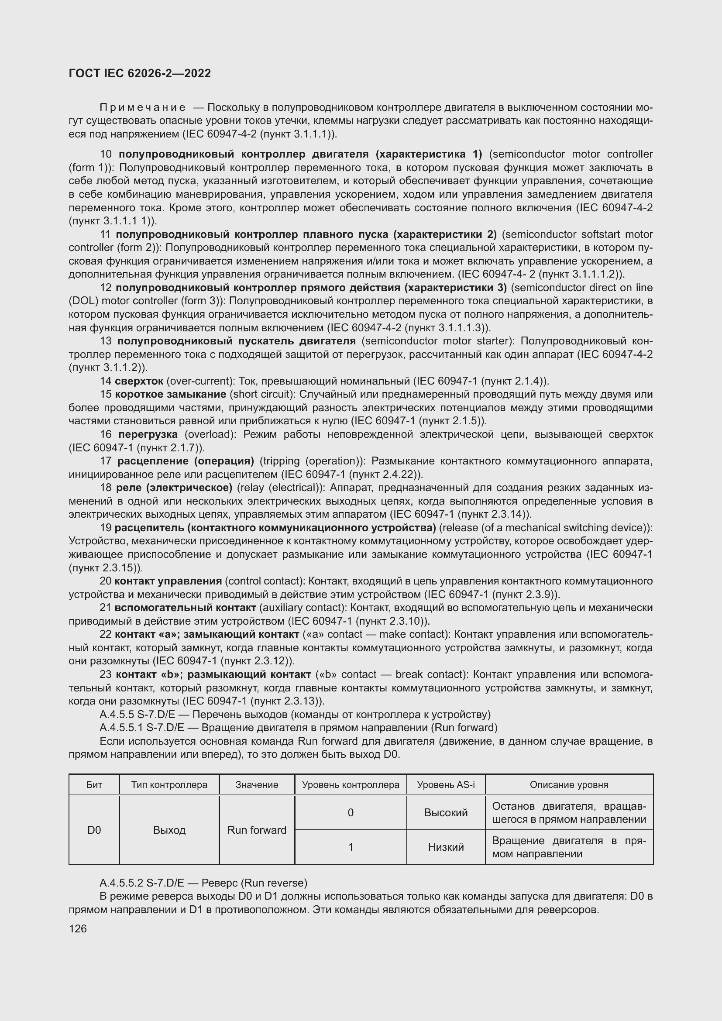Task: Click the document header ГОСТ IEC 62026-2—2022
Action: coord(140,73)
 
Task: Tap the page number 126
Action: coord(78,928)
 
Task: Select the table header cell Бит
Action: coord(94,785)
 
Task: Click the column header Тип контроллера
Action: coord(169,785)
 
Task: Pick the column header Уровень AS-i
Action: coord(446,785)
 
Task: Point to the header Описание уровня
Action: coord(569,785)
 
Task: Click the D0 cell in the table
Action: coord(94,830)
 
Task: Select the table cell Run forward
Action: coord(257,830)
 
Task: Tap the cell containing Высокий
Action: coord(446,813)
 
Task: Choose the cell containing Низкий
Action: coord(446,847)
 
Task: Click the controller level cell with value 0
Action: coord(351,813)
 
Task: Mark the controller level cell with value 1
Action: coord(351,847)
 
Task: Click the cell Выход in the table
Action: coord(169,830)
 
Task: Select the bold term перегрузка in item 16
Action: coord(148,434)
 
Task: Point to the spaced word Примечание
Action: coord(142,108)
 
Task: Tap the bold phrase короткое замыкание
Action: coord(170,395)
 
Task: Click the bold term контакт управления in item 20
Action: coord(168,581)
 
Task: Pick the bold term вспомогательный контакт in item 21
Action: coord(185,608)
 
